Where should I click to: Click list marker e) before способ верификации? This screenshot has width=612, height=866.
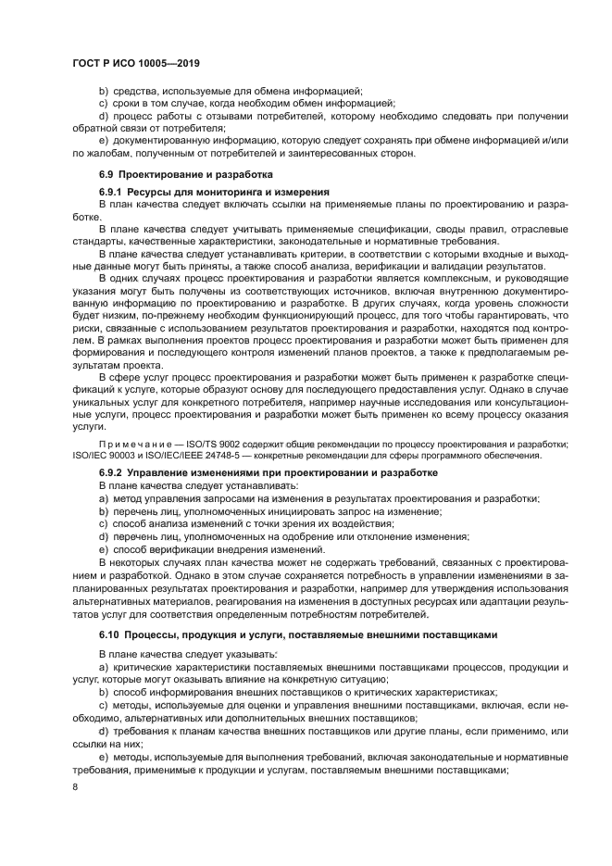pyautogui.click(x=104, y=549)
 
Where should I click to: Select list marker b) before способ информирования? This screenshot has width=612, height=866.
pyautogui.click(x=104, y=692)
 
